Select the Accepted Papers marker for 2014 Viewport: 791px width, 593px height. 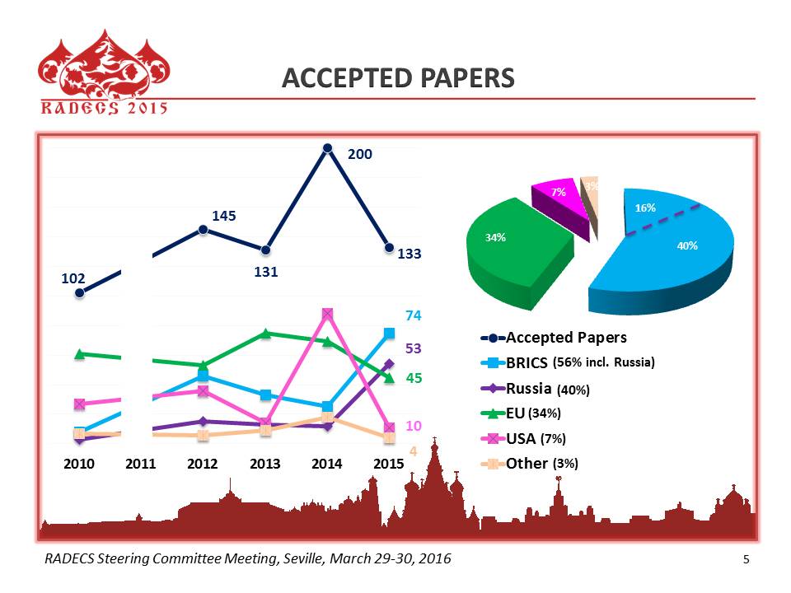(327, 148)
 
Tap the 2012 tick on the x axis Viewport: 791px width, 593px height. (203, 464)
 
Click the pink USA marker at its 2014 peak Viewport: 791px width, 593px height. (327, 314)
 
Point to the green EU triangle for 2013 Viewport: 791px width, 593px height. (265, 333)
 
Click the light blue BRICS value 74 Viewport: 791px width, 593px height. (413, 315)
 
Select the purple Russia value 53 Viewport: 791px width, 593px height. (413, 348)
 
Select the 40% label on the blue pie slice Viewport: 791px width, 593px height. (687, 245)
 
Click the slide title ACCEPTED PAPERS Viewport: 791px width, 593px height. (398, 77)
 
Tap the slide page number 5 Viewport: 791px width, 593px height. (747, 560)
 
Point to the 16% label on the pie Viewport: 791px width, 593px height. (645, 208)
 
